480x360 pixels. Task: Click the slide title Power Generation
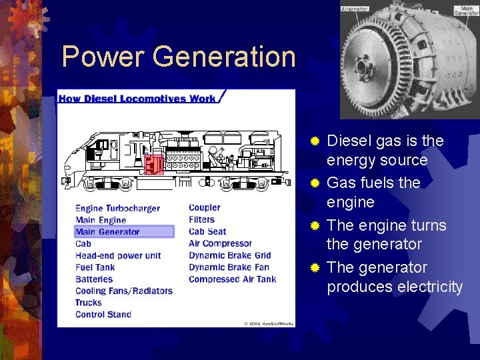[x=178, y=57]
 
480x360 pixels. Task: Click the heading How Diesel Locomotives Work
[x=137, y=99]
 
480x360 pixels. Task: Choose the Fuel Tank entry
[x=95, y=267]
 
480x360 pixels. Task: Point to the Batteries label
[x=94, y=279]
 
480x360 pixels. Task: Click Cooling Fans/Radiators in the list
[x=124, y=291]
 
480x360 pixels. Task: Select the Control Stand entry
[x=103, y=315]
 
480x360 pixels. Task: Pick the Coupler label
[x=204, y=208]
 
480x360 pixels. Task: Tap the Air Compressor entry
[x=220, y=243]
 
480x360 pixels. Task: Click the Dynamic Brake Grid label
[x=229, y=255]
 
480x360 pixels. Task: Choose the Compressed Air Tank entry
[x=232, y=279]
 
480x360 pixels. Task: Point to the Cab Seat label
[x=207, y=232]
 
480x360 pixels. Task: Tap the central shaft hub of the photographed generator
[x=363, y=67]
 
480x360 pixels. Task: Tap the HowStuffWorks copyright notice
[x=268, y=323]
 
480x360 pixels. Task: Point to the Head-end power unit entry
[x=118, y=255]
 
